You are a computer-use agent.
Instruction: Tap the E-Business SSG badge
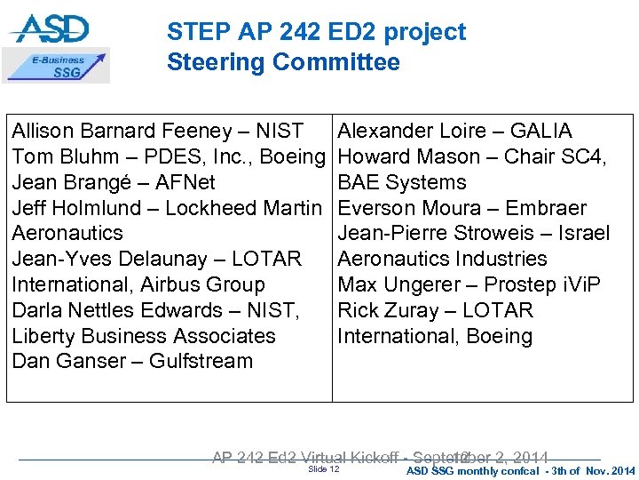(58, 67)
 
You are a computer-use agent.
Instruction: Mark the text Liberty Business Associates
(144, 336)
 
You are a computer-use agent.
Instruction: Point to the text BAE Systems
(402, 182)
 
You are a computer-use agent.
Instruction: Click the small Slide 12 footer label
(323, 469)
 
